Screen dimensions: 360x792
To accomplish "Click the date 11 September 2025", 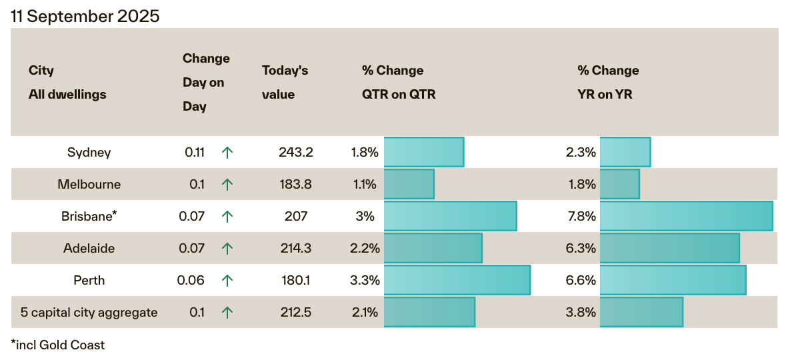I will coord(85,17).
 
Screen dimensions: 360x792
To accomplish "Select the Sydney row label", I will coord(89,153).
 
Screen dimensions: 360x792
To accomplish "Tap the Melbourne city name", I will coord(89,185).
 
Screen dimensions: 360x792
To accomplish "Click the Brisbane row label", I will coord(89,217).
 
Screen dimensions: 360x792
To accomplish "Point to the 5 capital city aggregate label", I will coord(89,313).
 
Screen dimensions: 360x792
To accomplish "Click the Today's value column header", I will coord(285,83).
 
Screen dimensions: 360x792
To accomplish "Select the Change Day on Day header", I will coord(206,83).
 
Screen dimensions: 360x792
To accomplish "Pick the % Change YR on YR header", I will coord(608,83).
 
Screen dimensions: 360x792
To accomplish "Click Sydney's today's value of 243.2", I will coord(295,153).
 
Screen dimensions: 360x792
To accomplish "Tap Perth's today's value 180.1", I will coord(295,281).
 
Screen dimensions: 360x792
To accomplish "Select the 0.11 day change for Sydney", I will coord(195,153).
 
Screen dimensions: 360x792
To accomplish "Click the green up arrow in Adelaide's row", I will coord(227,249).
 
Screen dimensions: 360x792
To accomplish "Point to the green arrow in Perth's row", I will coord(227,281).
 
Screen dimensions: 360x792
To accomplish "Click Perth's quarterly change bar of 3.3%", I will coord(457,280).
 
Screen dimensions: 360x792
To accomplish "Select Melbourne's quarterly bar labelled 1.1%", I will coord(409,184).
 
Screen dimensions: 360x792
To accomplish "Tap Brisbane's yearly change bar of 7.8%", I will coord(686,216).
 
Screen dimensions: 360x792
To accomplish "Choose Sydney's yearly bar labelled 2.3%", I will coord(625,152).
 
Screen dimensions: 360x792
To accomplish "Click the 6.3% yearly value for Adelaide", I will coord(580,249).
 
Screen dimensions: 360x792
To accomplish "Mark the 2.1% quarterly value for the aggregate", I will coord(365,313).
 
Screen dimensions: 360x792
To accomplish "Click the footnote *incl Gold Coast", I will coord(58,345).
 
